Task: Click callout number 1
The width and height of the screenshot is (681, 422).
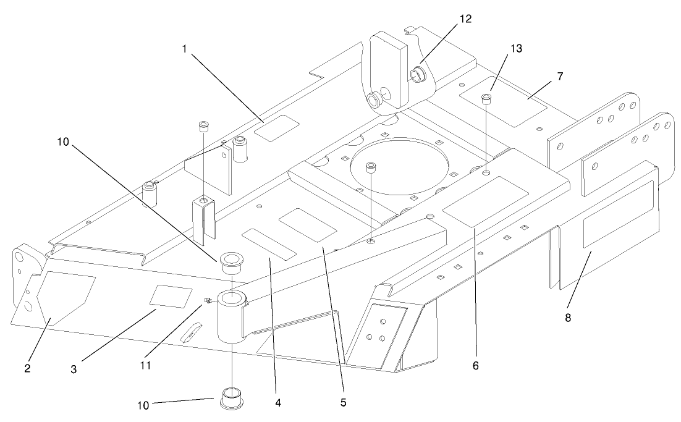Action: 184,49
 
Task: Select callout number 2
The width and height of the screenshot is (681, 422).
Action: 27,369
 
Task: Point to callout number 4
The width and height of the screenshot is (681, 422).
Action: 278,402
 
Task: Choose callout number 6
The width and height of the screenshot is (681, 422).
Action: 475,366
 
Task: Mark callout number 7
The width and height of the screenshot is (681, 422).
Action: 560,76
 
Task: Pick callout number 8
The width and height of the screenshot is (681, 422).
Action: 568,318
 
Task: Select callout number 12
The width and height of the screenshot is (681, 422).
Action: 465,19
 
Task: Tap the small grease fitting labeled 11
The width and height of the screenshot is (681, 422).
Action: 208,302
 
